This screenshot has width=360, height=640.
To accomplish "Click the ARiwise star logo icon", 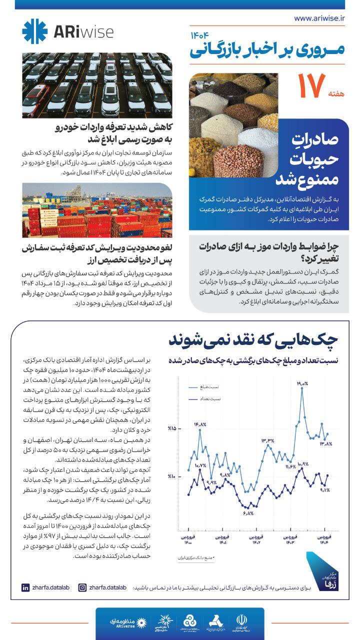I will coord(34,31).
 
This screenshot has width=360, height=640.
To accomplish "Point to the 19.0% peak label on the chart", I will coord(302,383).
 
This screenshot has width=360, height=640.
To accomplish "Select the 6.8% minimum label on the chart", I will coord(248,513).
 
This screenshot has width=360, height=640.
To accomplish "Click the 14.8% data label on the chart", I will coord(200,425).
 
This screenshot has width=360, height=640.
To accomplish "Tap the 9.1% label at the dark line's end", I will coord(324,490).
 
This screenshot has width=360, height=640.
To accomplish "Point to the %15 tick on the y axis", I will coord(172,429).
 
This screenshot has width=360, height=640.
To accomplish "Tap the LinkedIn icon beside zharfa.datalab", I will coord(25,587).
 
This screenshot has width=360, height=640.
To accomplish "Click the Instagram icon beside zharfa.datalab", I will coord(83,587).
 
